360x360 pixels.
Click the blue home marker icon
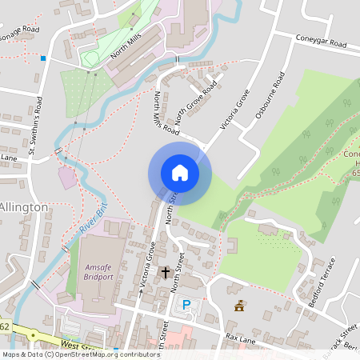point(179,172)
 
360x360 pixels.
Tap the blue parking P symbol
point(187,304)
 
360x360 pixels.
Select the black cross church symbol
point(166,273)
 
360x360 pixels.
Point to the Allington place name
point(23,207)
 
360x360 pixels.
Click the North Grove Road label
point(196,100)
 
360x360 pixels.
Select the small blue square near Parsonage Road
point(43,58)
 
